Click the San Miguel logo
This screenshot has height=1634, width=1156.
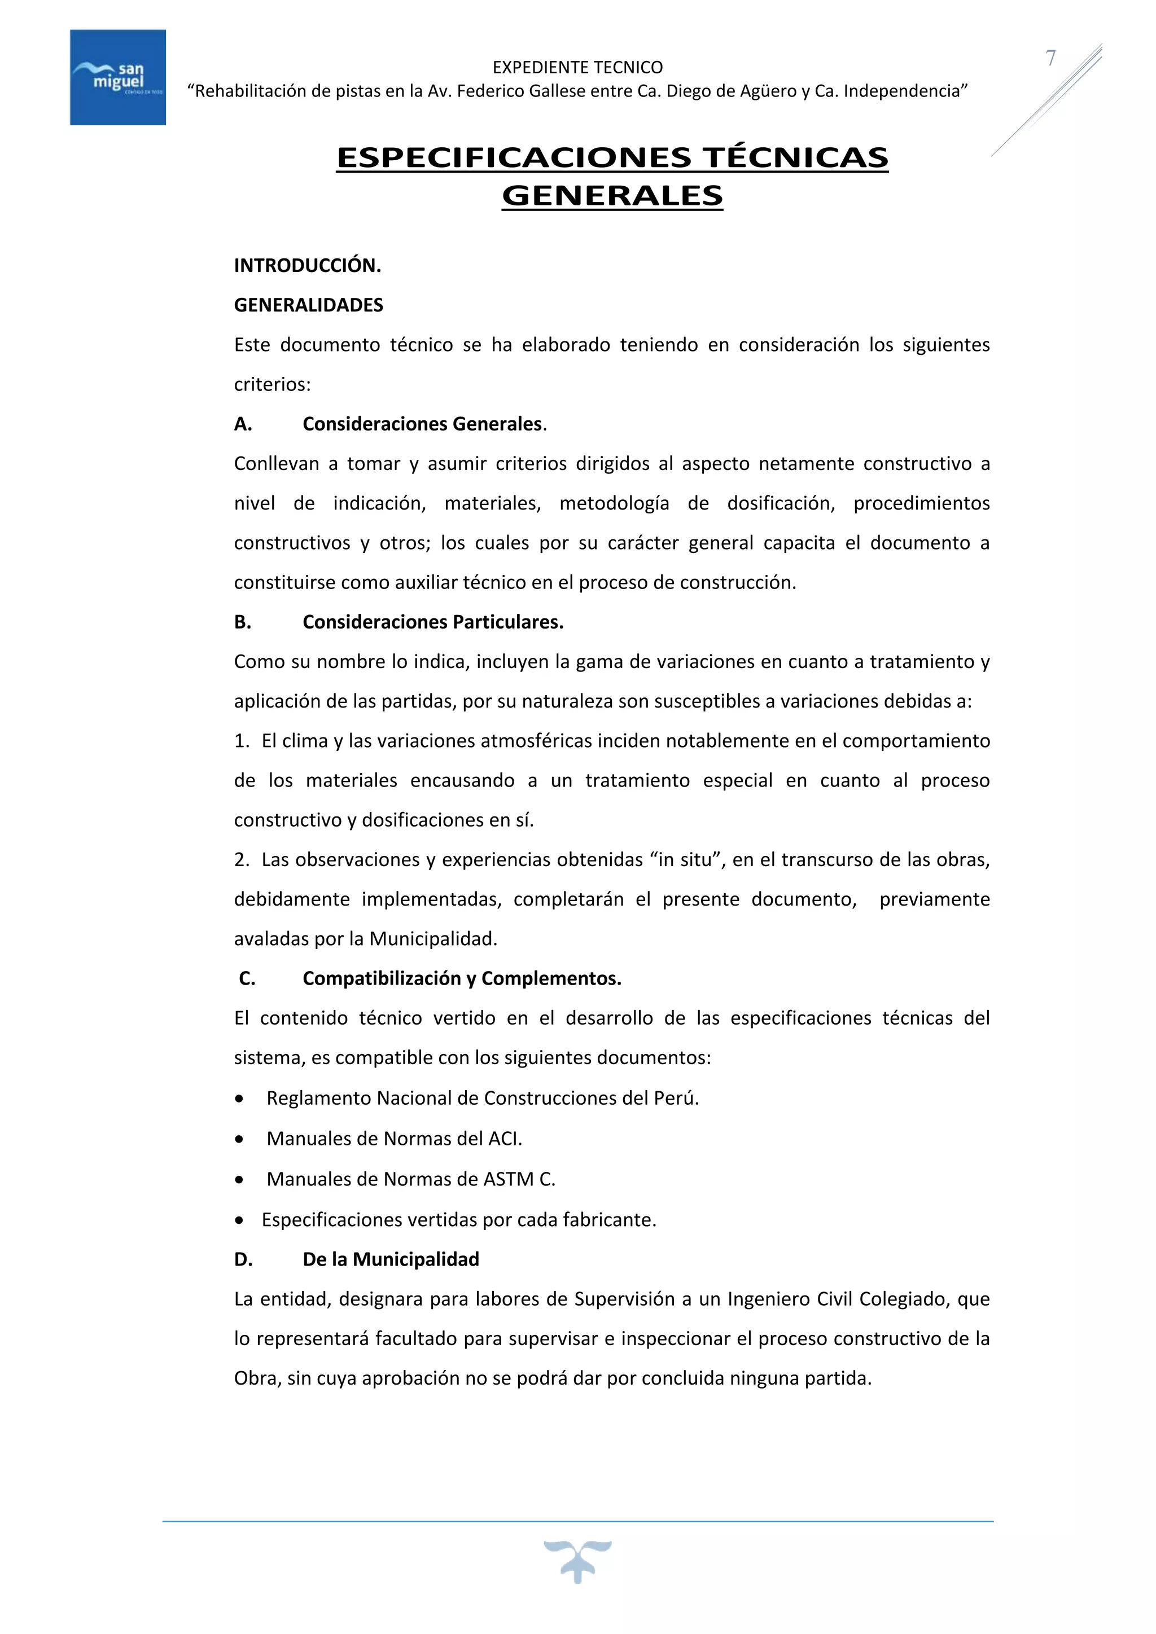(x=117, y=77)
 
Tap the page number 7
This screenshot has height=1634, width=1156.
(x=1050, y=58)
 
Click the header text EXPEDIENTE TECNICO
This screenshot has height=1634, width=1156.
(x=577, y=68)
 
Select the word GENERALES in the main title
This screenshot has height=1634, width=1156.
(x=612, y=196)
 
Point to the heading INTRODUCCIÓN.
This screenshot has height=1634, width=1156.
(x=308, y=265)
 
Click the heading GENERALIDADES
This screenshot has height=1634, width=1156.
(x=308, y=305)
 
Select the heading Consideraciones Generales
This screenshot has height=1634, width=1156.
(x=422, y=424)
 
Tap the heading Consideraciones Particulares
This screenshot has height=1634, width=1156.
(x=433, y=622)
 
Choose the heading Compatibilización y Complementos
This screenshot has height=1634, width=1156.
(x=462, y=978)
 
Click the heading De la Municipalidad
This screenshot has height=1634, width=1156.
(x=391, y=1260)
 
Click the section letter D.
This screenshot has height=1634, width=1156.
(x=243, y=1260)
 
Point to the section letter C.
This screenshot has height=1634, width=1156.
(x=247, y=978)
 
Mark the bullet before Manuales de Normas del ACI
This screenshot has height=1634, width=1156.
(x=240, y=1139)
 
